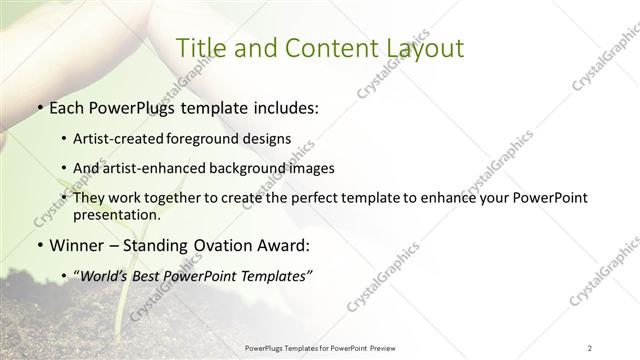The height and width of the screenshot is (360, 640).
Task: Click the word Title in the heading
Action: [x=199, y=47]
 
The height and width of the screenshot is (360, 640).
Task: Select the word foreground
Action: [x=218, y=138]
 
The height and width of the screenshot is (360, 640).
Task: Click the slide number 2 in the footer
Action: [x=589, y=347]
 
